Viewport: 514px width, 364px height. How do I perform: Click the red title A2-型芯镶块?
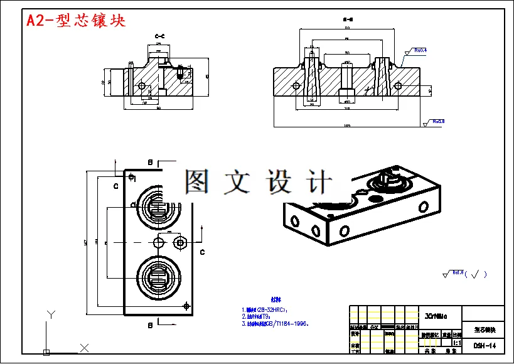point(76,20)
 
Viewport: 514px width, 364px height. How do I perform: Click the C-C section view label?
point(160,36)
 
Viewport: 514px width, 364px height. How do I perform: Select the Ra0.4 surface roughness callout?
point(420,50)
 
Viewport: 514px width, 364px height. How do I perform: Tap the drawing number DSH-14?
point(484,345)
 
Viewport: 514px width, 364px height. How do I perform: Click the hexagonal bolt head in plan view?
point(181,242)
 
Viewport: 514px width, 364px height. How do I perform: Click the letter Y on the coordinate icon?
point(52,314)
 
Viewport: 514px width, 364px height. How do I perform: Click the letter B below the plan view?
point(150,325)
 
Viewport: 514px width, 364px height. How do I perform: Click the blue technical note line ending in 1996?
point(276,324)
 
